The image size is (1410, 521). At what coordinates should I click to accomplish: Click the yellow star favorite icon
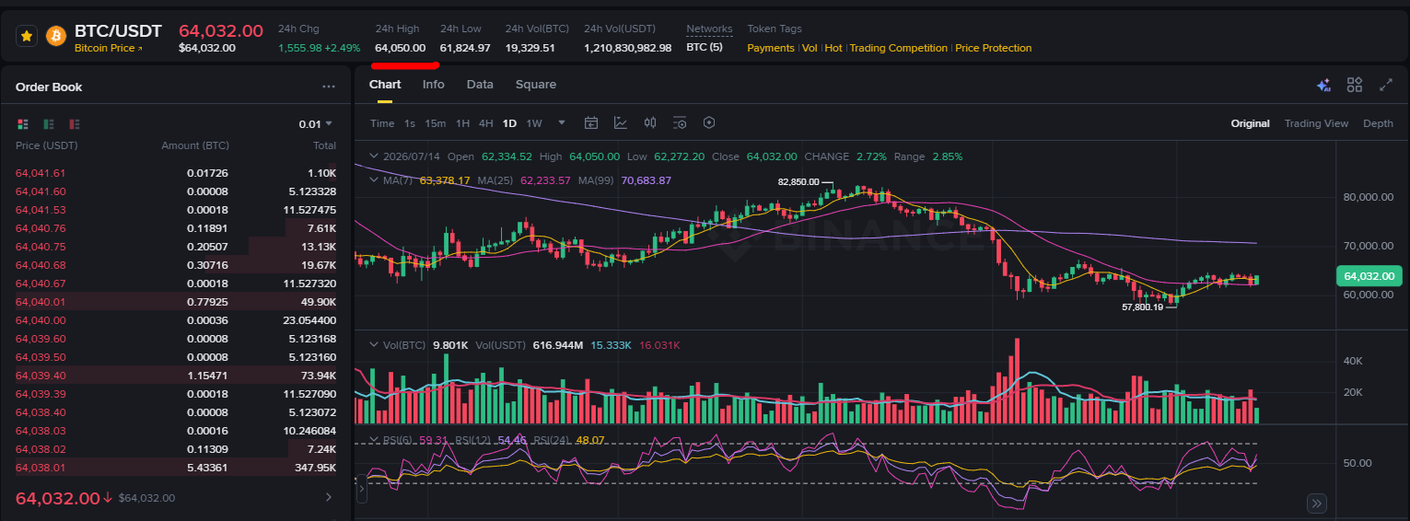[x=27, y=36]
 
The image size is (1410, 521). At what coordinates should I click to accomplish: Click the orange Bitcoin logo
[x=56, y=36]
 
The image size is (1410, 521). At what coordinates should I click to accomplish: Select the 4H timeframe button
[x=485, y=123]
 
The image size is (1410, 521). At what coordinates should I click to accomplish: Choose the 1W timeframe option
[x=534, y=123]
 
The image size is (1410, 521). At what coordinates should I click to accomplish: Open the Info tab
[x=433, y=85]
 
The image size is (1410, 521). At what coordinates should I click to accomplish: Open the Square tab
[x=536, y=85]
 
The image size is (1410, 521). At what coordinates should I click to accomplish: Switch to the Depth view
[x=1378, y=123]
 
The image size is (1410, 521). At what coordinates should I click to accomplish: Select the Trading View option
[x=1316, y=123]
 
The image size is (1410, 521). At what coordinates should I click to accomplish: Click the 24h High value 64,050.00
[x=401, y=48]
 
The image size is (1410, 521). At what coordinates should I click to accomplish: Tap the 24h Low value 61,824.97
[x=465, y=48]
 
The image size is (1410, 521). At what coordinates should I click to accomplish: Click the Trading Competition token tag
[x=898, y=48]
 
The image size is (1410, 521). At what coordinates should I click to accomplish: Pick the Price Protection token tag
[x=994, y=48]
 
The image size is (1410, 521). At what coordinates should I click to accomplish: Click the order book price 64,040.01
[x=41, y=302]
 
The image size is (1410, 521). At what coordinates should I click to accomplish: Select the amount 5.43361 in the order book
[x=207, y=468]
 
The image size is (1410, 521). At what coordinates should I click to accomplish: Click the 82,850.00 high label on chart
[x=798, y=182]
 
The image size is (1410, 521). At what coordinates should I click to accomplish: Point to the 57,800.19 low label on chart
[x=1143, y=307]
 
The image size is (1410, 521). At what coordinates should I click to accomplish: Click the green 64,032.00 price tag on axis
[x=1369, y=276]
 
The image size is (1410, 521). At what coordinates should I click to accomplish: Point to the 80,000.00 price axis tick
[x=1368, y=197]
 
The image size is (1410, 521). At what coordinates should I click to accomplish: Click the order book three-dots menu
[x=329, y=87]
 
